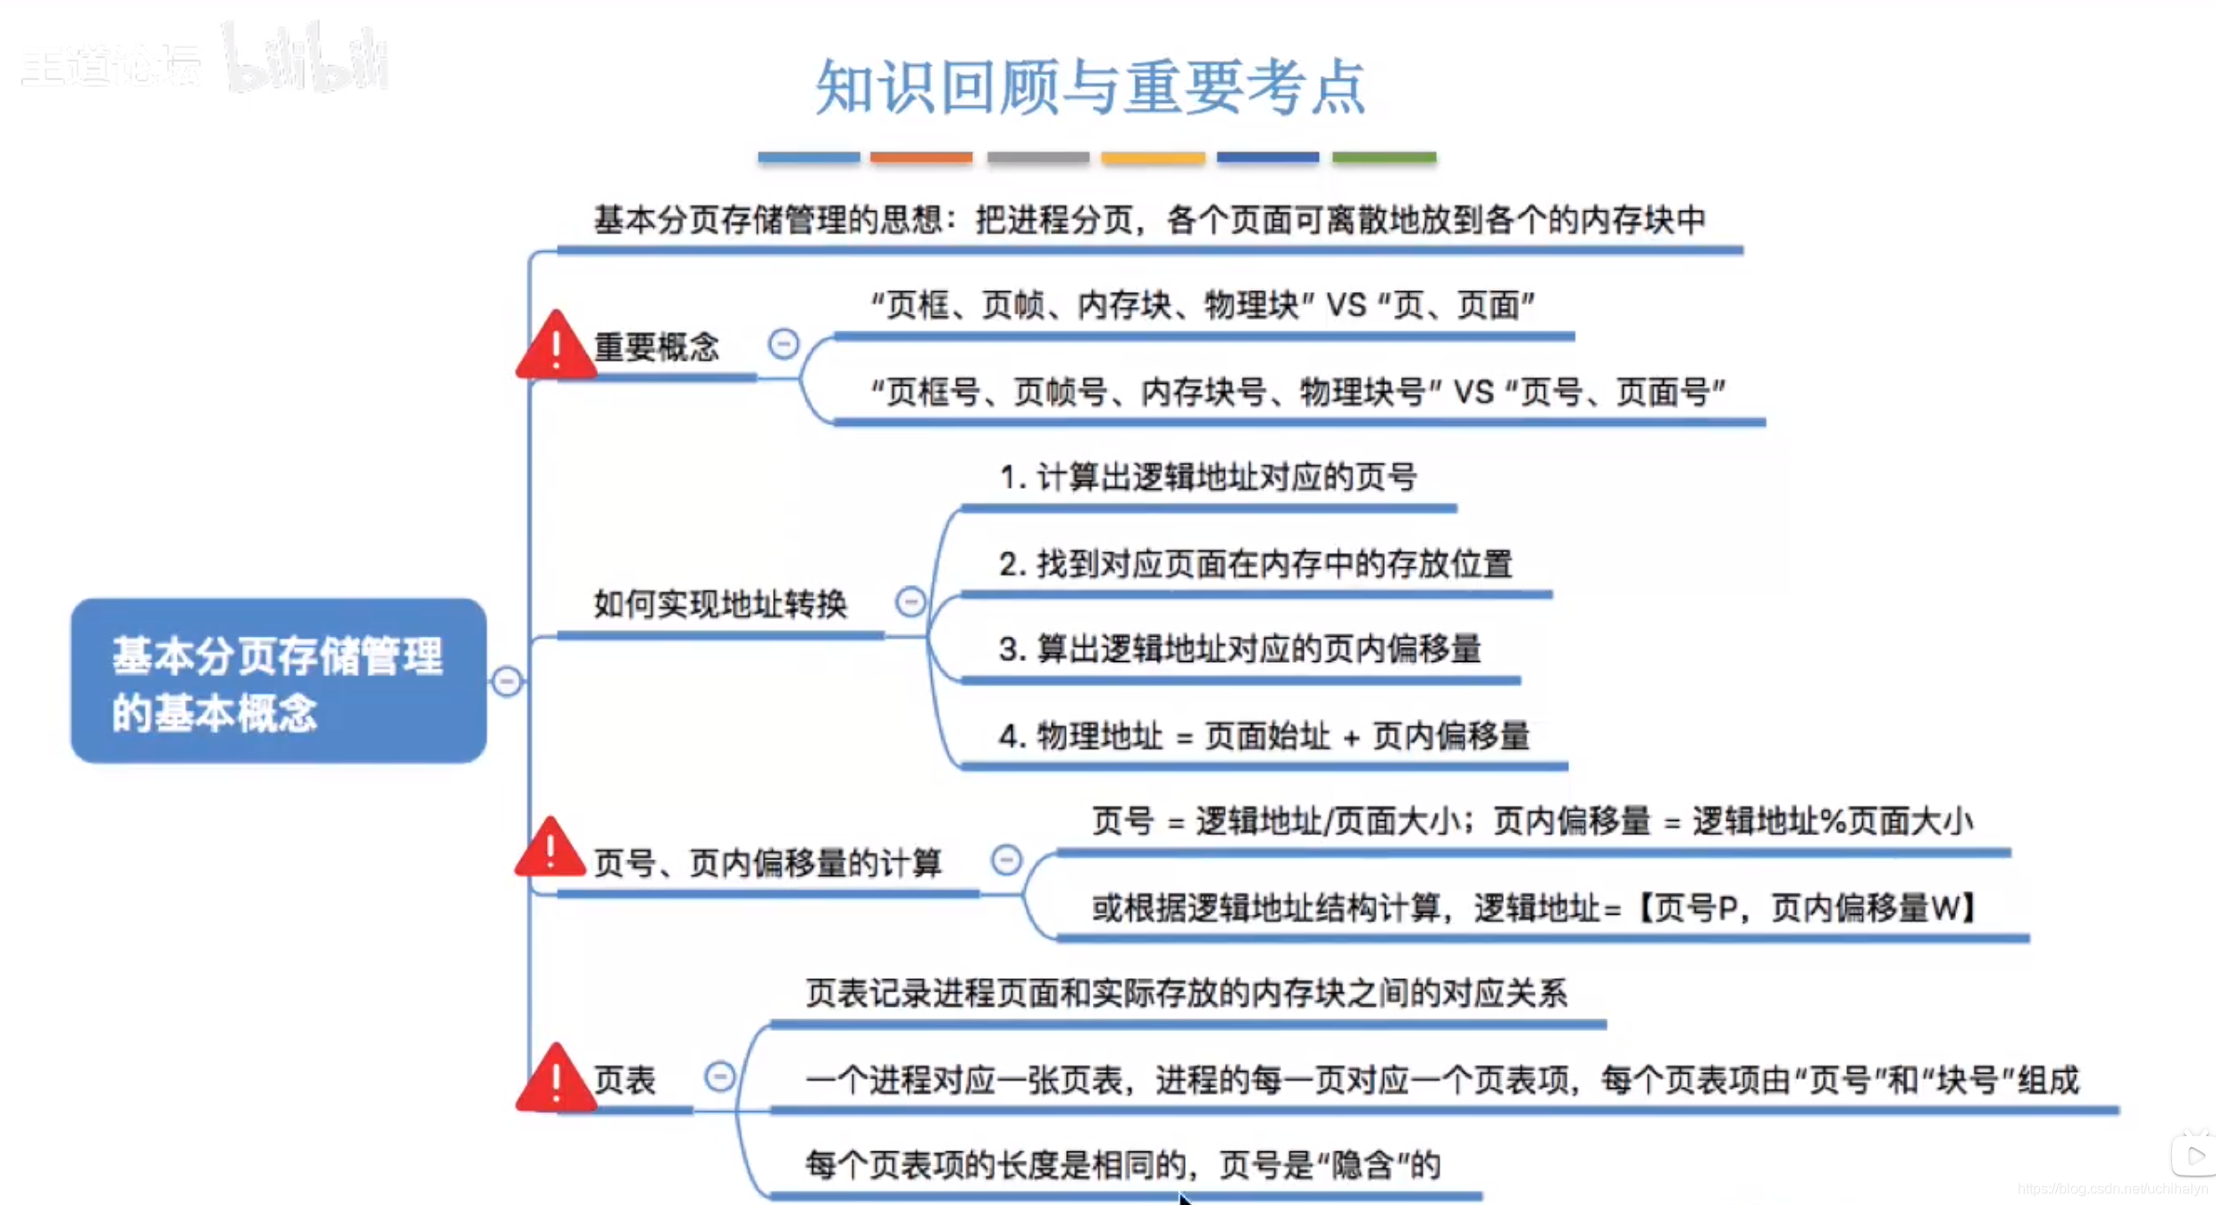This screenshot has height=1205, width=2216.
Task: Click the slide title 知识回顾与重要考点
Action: click(x=1090, y=87)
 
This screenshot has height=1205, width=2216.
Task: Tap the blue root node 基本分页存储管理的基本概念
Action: click(x=278, y=681)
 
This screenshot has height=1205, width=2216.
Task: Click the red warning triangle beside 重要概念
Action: click(x=556, y=348)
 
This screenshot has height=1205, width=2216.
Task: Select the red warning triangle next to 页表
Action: click(x=556, y=1081)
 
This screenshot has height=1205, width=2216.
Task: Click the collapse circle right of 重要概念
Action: click(x=784, y=344)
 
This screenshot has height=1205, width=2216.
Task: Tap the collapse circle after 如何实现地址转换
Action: click(x=911, y=602)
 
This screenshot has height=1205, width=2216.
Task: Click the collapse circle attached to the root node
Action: click(x=507, y=682)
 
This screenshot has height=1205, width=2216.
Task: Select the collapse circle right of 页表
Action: click(x=719, y=1076)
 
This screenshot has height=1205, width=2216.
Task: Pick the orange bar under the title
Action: click(x=921, y=157)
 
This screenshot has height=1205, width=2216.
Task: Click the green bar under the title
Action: click(x=1384, y=157)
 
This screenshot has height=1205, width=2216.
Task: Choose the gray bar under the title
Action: click(x=1037, y=157)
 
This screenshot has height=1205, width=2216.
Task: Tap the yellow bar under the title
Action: click(x=1153, y=157)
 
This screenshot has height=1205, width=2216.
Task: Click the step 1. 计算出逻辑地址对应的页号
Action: click(x=1208, y=477)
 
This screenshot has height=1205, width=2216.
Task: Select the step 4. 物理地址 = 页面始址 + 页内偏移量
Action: click(x=1263, y=736)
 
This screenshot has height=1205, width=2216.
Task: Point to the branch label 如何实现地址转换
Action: click(x=720, y=605)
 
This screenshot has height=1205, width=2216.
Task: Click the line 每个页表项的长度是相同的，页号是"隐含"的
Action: click(x=1123, y=1165)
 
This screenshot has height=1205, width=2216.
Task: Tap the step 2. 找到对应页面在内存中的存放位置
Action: click(x=1255, y=564)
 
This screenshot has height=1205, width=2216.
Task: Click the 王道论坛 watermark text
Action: click(x=111, y=65)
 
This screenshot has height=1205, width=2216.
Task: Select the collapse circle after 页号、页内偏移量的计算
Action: click(x=1006, y=860)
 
